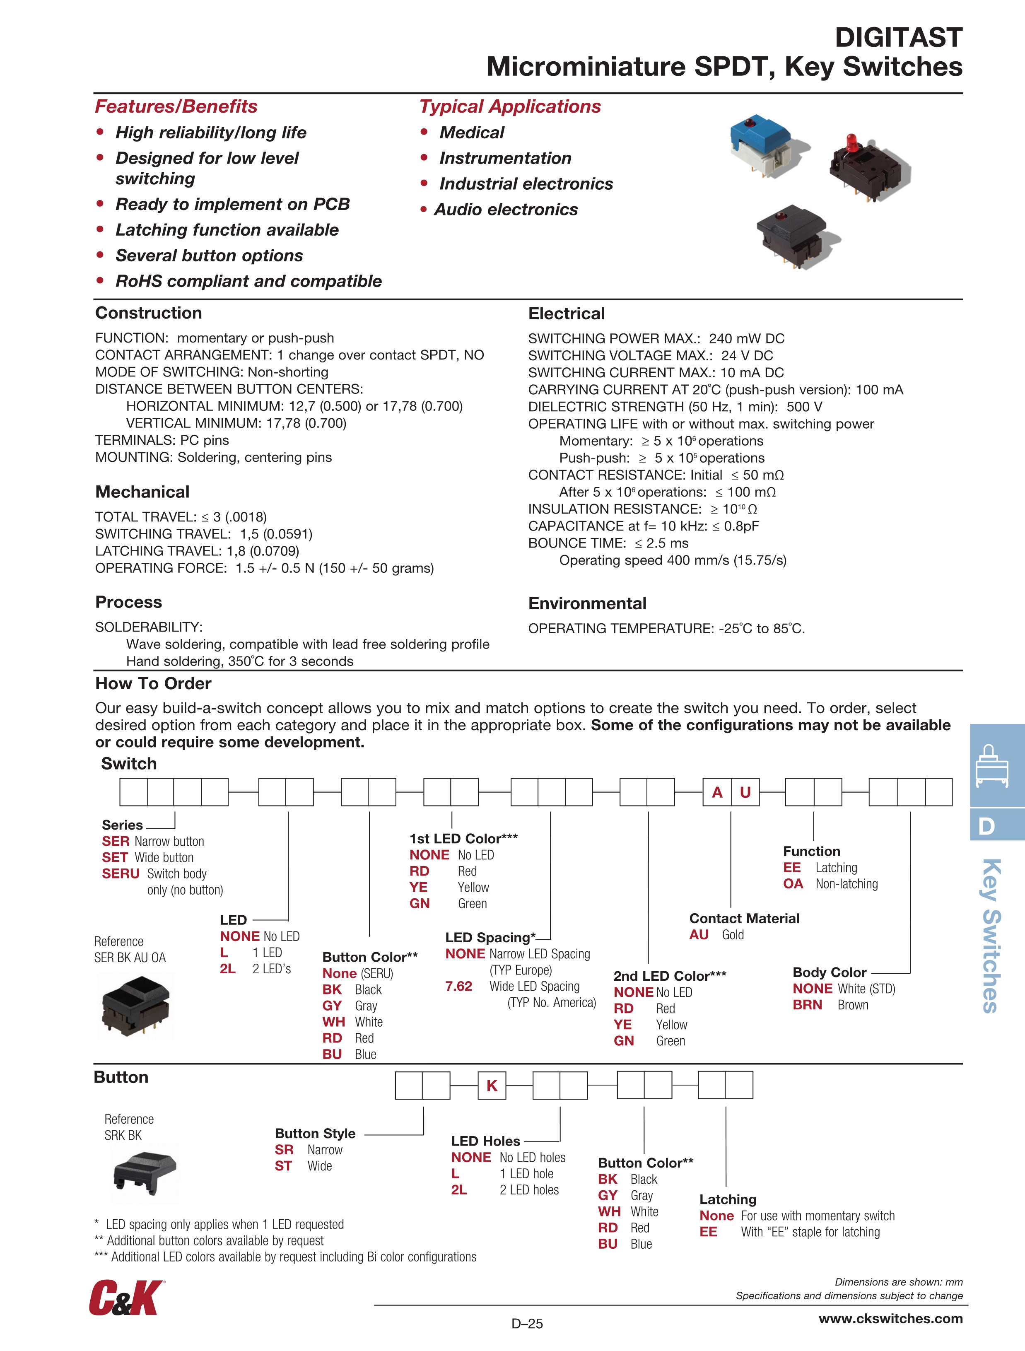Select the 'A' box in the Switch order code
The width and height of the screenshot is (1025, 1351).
[717, 792]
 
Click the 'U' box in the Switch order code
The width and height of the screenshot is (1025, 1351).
[745, 792]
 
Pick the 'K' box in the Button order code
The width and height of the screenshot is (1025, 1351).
[492, 1086]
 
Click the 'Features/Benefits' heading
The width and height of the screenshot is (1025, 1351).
[176, 106]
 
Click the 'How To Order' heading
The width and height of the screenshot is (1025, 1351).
[153, 683]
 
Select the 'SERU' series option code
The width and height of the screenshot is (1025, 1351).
[121, 873]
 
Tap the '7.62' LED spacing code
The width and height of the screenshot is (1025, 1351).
[459, 986]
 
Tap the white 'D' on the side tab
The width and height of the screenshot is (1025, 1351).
[986, 826]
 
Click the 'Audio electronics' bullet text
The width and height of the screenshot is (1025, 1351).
[506, 210]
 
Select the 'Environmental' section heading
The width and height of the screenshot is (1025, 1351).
[587, 603]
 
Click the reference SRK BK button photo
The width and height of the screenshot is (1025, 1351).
[145, 1172]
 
